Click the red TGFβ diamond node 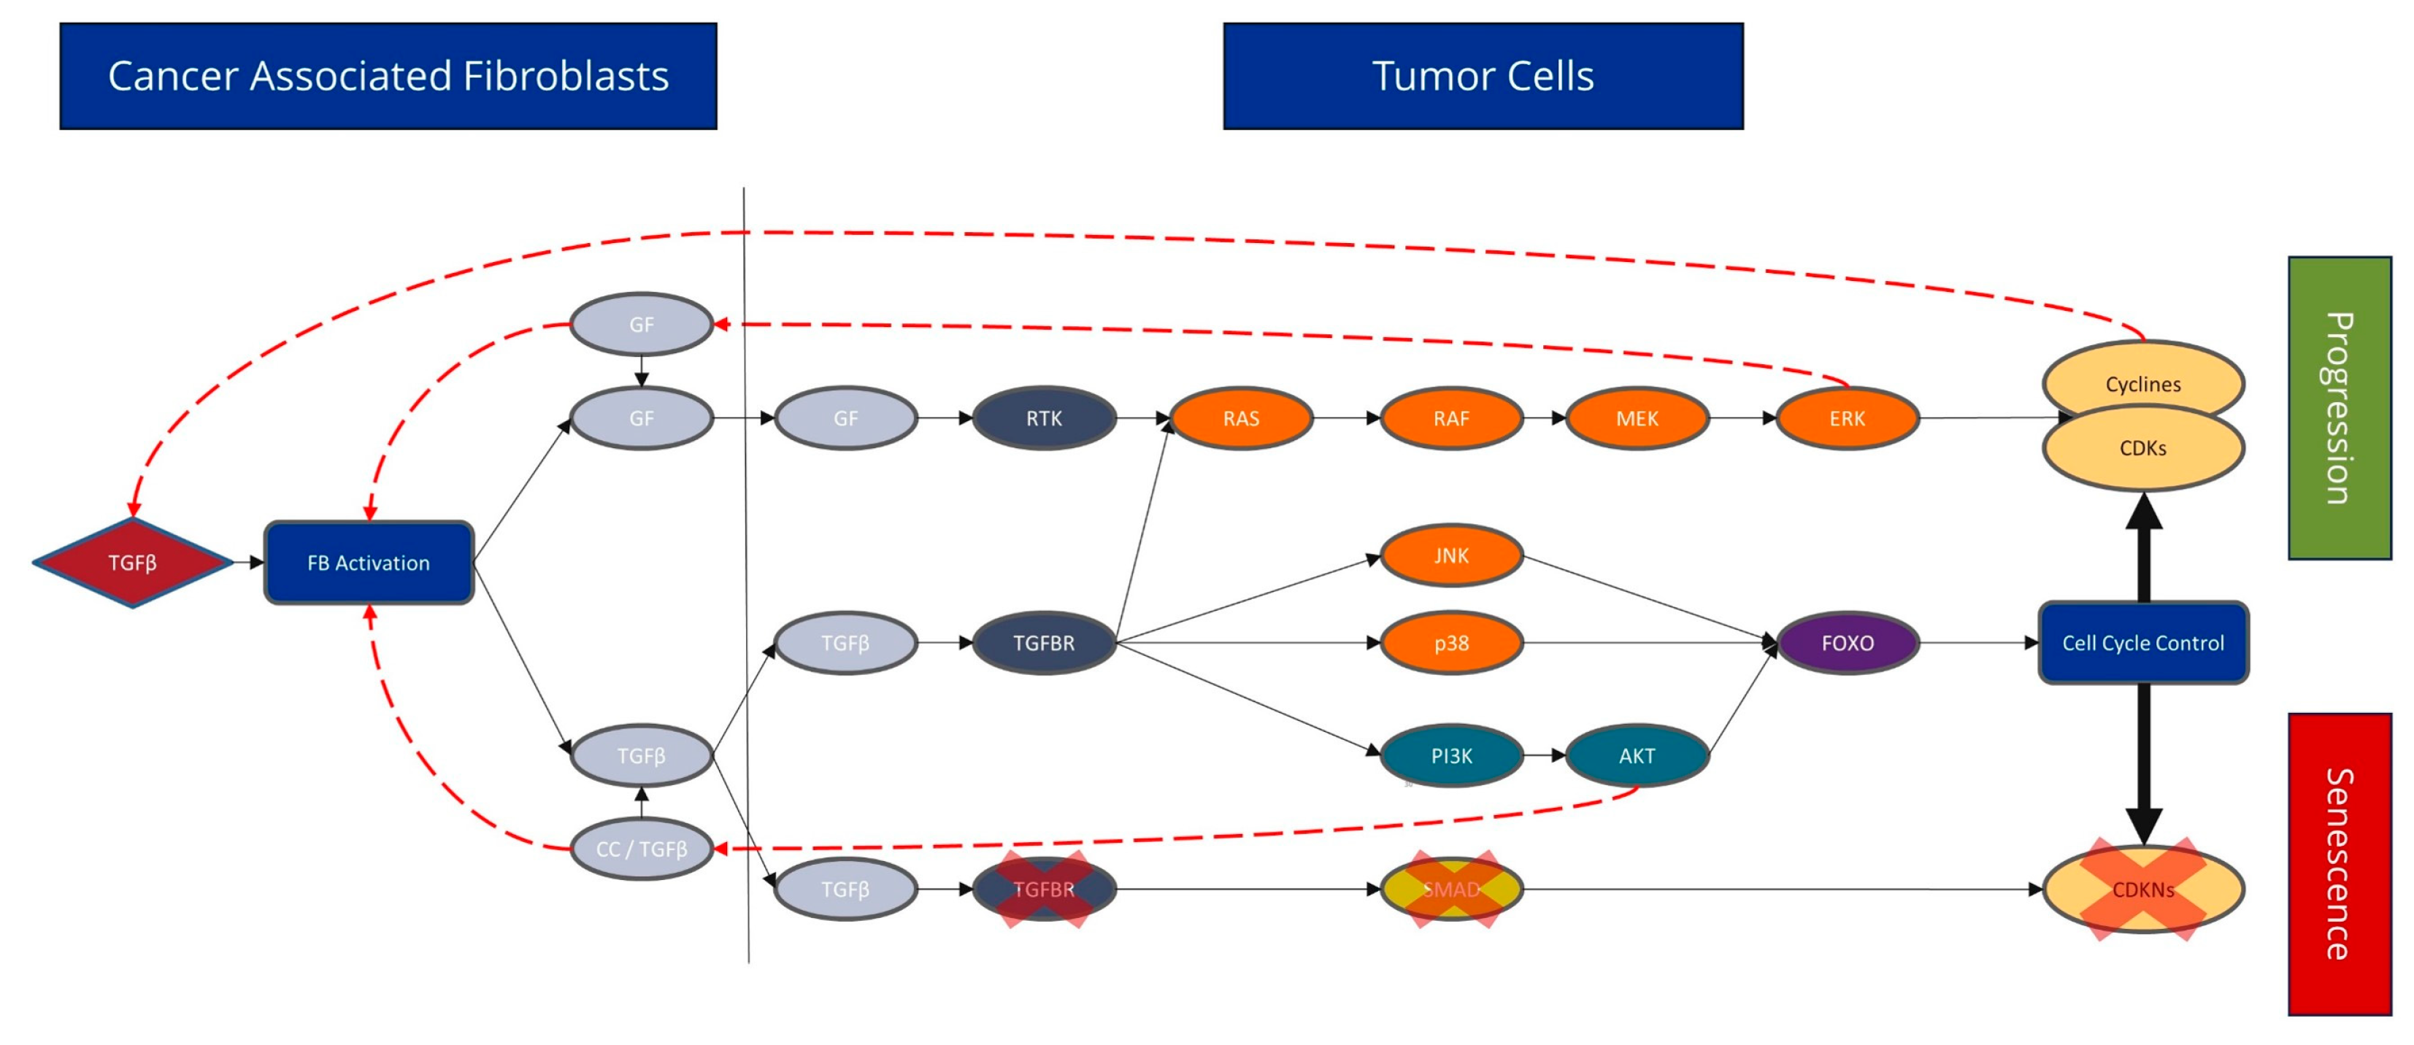pyautogui.click(x=132, y=563)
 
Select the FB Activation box pyautogui.click(x=369, y=563)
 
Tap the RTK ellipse pyautogui.click(x=1043, y=418)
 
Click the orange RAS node pyautogui.click(x=1241, y=418)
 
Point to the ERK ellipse pyautogui.click(x=1846, y=418)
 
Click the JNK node pyautogui.click(x=1450, y=556)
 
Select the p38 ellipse pyautogui.click(x=1450, y=643)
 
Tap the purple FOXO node pyautogui.click(x=1846, y=643)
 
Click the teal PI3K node pyautogui.click(x=1450, y=755)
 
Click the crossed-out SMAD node pyautogui.click(x=1450, y=889)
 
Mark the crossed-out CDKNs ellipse pyautogui.click(x=2142, y=889)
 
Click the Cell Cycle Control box pyautogui.click(x=2142, y=643)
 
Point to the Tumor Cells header pyautogui.click(x=1483, y=76)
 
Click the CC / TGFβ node pyautogui.click(x=641, y=849)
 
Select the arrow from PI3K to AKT pyautogui.click(x=1545, y=755)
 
